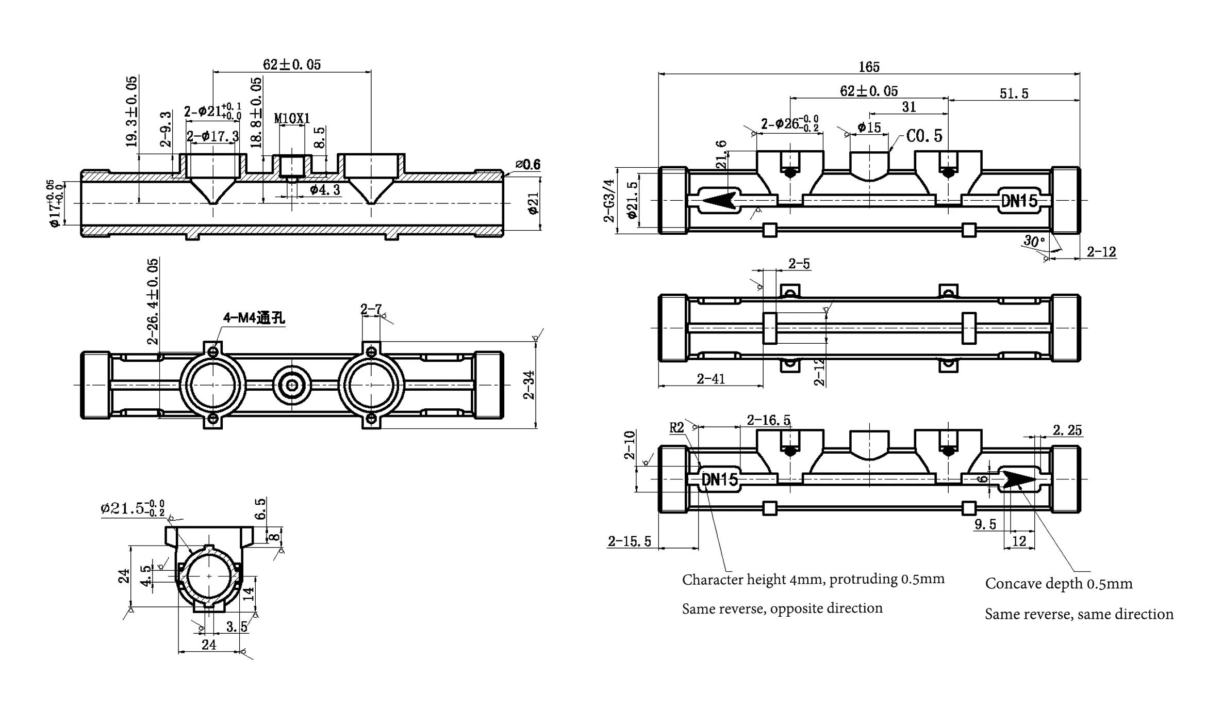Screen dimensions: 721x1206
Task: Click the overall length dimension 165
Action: pyautogui.click(x=869, y=67)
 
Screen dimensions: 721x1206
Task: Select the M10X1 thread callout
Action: pyautogui.click(x=292, y=119)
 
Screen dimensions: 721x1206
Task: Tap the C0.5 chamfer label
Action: pyautogui.click(x=924, y=136)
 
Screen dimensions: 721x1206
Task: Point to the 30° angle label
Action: pyautogui.click(x=1034, y=241)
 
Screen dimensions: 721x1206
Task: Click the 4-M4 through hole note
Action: pyautogui.click(x=254, y=318)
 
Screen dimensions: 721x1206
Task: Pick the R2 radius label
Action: pyautogui.click(x=676, y=428)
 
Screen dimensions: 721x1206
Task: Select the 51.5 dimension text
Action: pyautogui.click(x=1014, y=94)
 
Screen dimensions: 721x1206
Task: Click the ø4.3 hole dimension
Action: pyautogui.click(x=325, y=190)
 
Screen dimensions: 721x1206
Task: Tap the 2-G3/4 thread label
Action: pyautogui.click(x=609, y=201)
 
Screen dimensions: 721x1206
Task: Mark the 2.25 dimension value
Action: pyautogui.click(x=1067, y=430)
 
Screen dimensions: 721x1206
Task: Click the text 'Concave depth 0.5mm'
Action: pyautogui.click(x=1059, y=584)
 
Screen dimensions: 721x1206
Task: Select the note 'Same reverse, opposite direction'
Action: pyautogui.click(x=782, y=608)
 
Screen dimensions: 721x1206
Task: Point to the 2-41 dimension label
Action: pyautogui.click(x=711, y=379)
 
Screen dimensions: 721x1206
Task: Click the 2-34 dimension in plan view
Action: pyautogui.click(x=529, y=385)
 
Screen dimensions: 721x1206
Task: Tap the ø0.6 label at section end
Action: pyautogui.click(x=528, y=165)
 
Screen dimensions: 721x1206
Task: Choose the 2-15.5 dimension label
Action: pyautogui.click(x=629, y=541)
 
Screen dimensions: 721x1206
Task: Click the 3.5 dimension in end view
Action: pyautogui.click(x=237, y=627)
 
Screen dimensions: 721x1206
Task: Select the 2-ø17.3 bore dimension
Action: pyautogui.click(x=213, y=137)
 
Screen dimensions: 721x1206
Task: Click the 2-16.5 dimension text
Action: pyautogui.click(x=768, y=421)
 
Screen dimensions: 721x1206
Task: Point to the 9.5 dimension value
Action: pyautogui.click(x=985, y=525)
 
